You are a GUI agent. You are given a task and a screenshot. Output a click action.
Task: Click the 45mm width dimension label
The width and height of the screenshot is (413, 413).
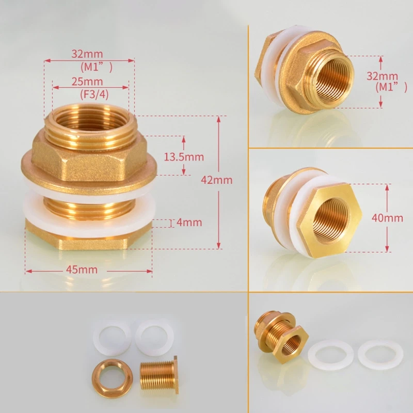[82, 269]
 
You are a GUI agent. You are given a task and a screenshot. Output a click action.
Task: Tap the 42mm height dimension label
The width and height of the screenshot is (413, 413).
[216, 180]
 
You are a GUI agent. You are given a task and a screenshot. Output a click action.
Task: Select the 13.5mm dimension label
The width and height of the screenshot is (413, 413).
[184, 157]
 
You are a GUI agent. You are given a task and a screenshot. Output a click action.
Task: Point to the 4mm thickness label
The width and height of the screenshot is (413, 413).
[189, 223]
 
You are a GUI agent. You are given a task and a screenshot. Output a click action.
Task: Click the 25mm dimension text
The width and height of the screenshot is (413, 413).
[87, 82]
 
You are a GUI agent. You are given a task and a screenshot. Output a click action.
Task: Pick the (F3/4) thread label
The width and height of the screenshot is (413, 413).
[94, 94]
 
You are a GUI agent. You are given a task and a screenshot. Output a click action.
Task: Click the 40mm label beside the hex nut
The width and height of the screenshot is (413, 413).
[387, 218]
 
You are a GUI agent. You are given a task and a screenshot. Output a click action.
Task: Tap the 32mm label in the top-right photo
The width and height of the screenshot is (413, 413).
[382, 76]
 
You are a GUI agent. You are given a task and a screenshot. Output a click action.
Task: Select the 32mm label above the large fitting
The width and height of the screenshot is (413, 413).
[87, 54]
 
